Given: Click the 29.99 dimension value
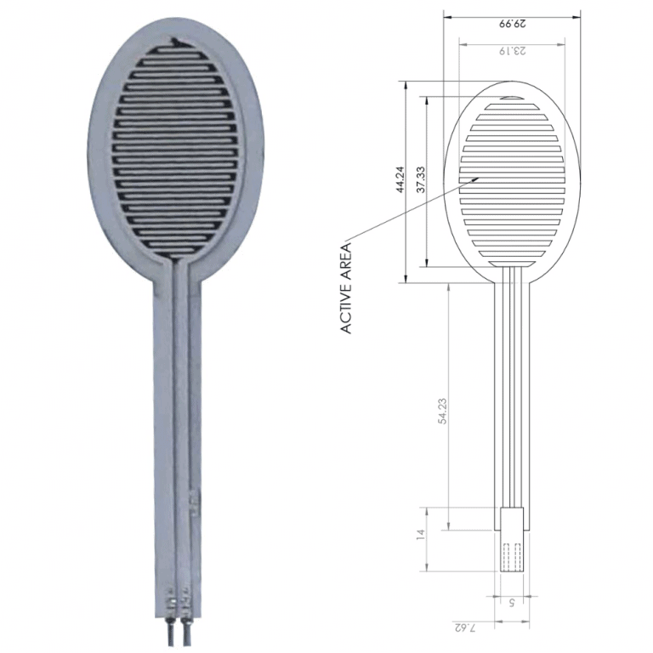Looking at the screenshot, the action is pyautogui.click(x=512, y=23).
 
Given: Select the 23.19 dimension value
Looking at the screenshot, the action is pyautogui.click(x=512, y=51).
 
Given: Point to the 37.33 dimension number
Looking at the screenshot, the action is pyautogui.click(x=421, y=179).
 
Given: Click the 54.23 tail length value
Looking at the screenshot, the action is pyautogui.click(x=442, y=411).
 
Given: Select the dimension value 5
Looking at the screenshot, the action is pyautogui.click(x=512, y=602).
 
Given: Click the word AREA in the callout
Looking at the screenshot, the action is pyautogui.click(x=347, y=263).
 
